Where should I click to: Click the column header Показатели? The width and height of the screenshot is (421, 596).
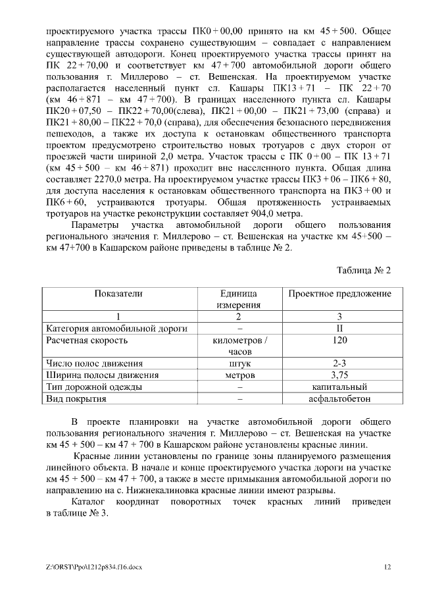click(118, 294)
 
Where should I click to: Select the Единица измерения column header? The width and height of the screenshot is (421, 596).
click(239, 299)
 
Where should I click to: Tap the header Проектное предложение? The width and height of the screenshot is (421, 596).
click(339, 294)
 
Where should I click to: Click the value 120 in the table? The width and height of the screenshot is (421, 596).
click(339, 340)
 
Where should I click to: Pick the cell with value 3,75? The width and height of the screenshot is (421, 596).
click(339, 375)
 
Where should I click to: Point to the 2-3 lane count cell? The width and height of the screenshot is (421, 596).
click(339, 364)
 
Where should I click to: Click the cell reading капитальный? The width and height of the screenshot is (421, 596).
click(339, 387)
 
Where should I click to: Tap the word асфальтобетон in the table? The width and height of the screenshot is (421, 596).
click(339, 398)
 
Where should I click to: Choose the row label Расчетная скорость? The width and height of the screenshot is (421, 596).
click(86, 340)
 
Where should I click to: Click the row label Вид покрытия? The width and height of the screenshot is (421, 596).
click(76, 398)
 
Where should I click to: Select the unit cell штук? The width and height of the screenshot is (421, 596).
click(239, 364)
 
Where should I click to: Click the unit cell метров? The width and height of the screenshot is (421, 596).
click(239, 375)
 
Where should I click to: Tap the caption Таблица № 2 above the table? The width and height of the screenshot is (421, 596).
click(364, 270)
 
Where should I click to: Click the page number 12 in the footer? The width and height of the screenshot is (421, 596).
click(387, 566)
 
